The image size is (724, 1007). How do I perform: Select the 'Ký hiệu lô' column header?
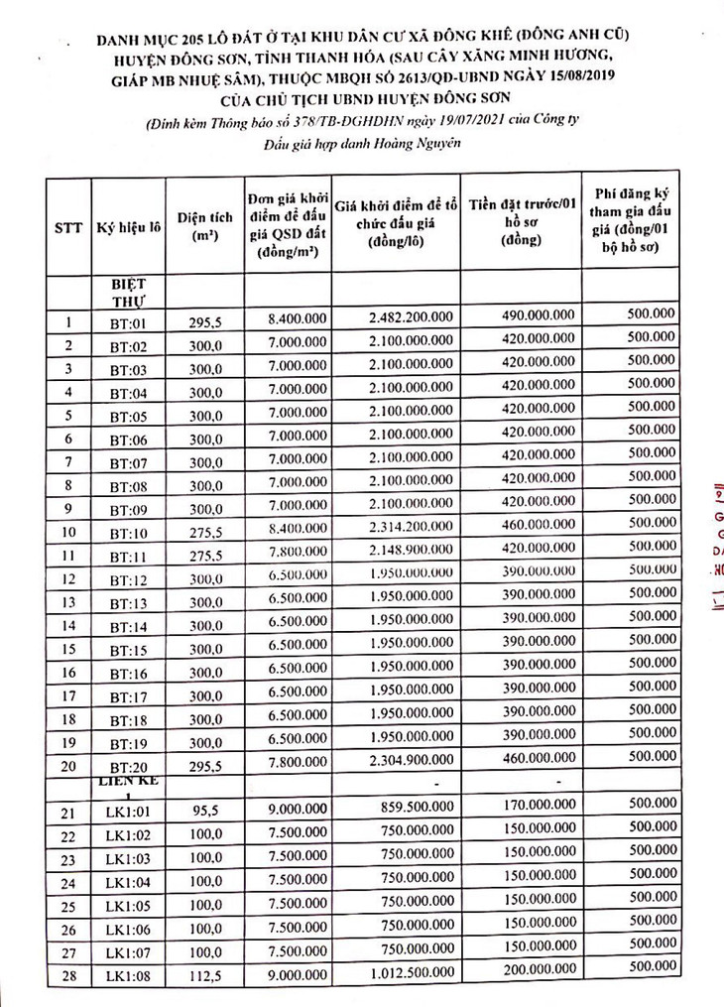coord(129,226)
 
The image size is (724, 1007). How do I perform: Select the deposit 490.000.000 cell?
coord(524,315)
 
